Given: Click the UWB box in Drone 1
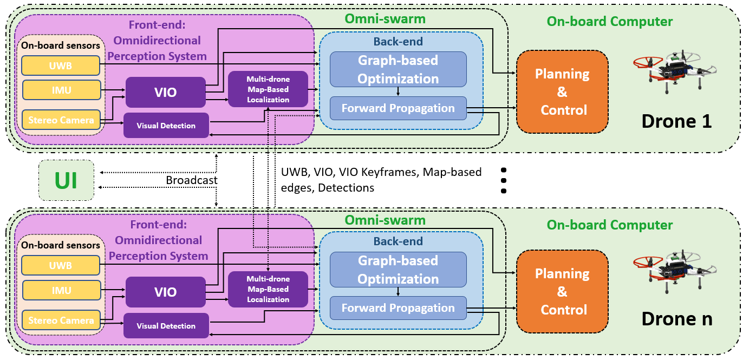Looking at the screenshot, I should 61,66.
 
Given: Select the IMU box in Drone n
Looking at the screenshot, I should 61,290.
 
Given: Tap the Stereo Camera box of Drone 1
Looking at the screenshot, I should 61,120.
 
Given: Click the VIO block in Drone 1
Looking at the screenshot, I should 165,92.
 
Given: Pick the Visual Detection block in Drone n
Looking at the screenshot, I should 166,326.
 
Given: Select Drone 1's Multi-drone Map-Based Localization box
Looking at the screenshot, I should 268,89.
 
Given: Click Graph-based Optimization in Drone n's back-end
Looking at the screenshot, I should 398,270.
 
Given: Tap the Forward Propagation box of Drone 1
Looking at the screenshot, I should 398,108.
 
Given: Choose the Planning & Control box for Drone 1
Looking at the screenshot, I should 562,91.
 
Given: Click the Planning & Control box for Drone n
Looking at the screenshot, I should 562,291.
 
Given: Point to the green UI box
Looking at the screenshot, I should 66,180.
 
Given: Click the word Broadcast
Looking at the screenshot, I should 192,180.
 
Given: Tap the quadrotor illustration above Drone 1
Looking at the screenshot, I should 674,70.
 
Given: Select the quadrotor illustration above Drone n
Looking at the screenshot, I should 674,269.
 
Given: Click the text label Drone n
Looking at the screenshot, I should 676,319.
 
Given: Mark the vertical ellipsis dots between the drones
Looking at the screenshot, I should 503,180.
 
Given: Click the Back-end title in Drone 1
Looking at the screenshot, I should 398,41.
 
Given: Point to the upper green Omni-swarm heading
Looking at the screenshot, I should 385,19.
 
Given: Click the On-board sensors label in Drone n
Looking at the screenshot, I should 61,245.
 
